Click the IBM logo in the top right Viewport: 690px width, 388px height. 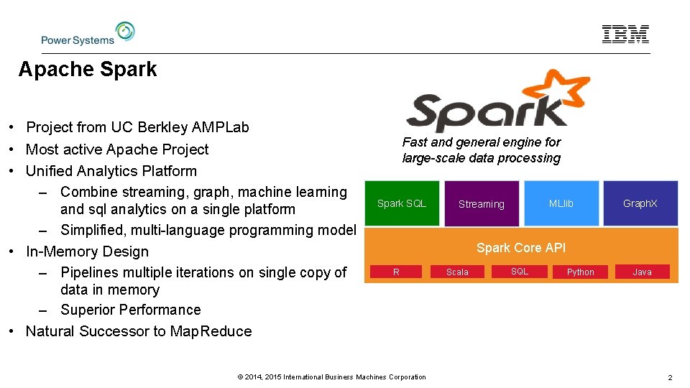point(625,34)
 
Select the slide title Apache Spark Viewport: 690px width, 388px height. point(88,70)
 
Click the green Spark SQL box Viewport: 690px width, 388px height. point(402,203)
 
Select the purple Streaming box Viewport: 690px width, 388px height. point(482,204)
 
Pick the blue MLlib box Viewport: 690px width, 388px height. point(561,203)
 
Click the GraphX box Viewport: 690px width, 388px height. point(640,203)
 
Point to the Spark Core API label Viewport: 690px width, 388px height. point(520,248)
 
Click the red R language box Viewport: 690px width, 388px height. point(396,272)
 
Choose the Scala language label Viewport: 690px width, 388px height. point(457,272)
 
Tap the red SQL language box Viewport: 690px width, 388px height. point(519,272)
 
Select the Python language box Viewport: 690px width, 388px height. point(580,272)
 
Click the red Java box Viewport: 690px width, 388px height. point(642,272)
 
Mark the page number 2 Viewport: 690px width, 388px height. point(669,377)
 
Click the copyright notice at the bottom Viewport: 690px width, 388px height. point(331,377)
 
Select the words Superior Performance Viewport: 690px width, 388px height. point(131,310)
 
